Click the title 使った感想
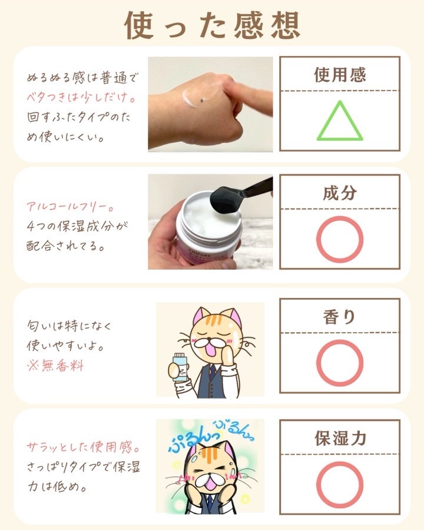(212, 25)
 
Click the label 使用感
(340, 74)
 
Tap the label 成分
(340, 193)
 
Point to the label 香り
(339, 317)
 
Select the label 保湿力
(340, 438)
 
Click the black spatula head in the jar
(224, 201)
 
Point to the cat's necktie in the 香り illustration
(213, 371)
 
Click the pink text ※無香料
(55, 366)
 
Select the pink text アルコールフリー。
(70, 207)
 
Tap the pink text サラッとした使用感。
(83, 447)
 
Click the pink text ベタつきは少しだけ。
(81, 98)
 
